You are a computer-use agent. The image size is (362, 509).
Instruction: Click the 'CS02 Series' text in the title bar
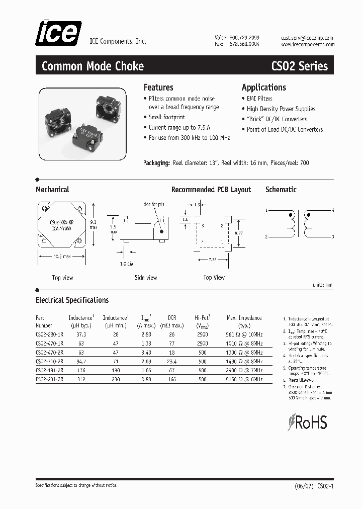click(299, 66)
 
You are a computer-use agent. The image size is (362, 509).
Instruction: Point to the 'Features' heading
click(158, 87)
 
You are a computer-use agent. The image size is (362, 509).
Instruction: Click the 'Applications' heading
click(263, 87)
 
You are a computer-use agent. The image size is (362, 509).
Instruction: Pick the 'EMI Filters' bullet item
click(259, 99)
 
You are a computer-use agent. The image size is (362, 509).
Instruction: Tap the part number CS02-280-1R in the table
click(50, 334)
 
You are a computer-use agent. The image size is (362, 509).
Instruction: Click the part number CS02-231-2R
click(50, 380)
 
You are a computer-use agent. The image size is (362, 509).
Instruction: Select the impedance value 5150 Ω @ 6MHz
click(244, 380)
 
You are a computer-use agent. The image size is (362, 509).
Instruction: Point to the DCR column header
click(172, 318)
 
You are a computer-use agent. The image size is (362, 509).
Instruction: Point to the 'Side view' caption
click(146, 277)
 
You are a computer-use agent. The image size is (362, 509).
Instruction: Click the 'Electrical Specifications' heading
click(72, 300)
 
